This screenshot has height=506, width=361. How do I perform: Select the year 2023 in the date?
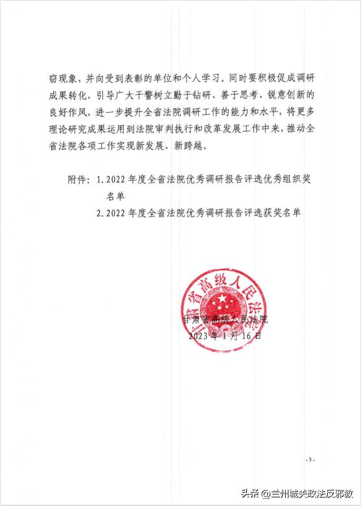(198, 336)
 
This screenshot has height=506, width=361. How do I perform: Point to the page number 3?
(310, 460)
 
